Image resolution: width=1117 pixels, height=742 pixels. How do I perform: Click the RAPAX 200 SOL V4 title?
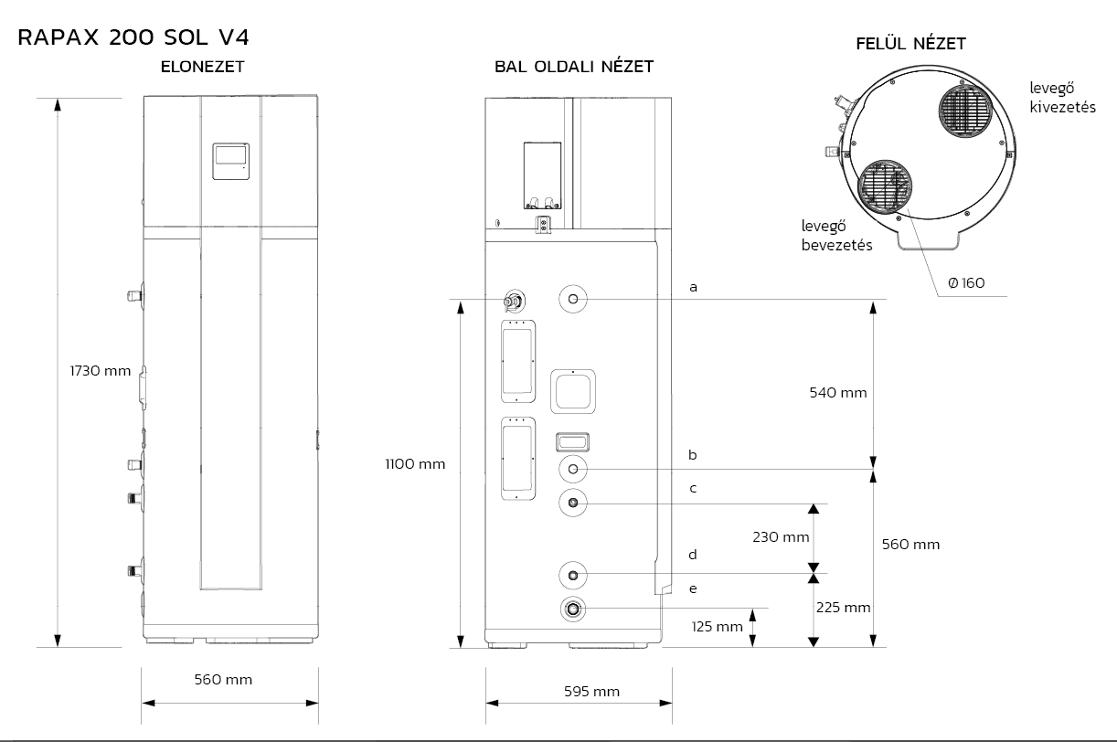pyautogui.click(x=133, y=37)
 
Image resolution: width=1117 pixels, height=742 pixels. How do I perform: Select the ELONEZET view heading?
pyautogui.click(x=202, y=67)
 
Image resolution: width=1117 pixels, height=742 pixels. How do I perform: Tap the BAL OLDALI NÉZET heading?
pyautogui.click(x=574, y=67)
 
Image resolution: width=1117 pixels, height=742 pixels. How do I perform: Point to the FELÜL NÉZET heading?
pyautogui.click(x=910, y=43)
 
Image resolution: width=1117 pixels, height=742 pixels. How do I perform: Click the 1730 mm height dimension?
pyautogui.click(x=101, y=371)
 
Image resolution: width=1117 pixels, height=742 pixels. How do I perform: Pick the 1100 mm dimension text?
pyautogui.click(x=415, y=464)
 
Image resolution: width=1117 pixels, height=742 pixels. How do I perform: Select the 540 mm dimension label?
pyautogui.click(x=837, y=393)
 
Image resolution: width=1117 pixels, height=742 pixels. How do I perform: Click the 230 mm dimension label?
pyautogui.click(x=781, y=537)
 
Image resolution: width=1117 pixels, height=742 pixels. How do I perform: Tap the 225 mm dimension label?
pyautogui.click(x=844, y=608)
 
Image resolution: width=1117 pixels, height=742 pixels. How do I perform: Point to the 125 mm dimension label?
pyautogui.click(x=717, y=627)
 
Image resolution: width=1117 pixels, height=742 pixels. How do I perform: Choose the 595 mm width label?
pyautogui.click(x=592, y=692)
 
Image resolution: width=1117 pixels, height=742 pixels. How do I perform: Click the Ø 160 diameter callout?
pyautogui.click(x=966, y=283)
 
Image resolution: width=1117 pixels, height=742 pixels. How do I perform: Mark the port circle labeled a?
pyautogui.click(x=573, y=299)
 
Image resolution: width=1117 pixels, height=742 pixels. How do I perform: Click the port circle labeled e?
pyautogui.click(x=573, y=609)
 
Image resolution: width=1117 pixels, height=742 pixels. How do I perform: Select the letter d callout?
pyautogui.click(x=693, y=555)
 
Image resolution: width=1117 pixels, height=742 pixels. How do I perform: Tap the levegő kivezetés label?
pyautogui.click(x=1063, y=98)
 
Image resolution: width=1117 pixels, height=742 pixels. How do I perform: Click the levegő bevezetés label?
pyautogui.click(x=836, y=236)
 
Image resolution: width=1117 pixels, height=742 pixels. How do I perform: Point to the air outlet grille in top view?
pyautogui.click(x=966, y=111)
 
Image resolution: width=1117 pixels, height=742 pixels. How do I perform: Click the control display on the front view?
pyautogui.click(x=231, y=162)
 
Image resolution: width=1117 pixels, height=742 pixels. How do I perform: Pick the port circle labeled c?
pyautogui.click(x=573, y=503)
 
